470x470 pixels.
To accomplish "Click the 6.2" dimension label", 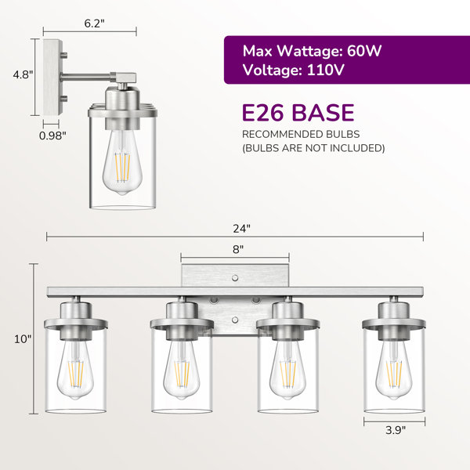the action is pos(95,23).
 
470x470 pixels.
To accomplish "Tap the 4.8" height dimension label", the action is pos(23,74).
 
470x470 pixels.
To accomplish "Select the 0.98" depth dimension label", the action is pos(52,136).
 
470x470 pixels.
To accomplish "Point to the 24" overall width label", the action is pos(241,229).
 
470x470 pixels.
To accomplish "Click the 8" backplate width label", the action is pos(238,249).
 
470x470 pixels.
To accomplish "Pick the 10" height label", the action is pos(23,339).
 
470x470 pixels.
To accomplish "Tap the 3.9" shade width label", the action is pos(396,430).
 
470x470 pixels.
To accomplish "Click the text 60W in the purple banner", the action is pos(364,51).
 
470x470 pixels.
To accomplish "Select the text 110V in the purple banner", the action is pos(326,70).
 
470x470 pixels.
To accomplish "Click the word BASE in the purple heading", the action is pos(323,113).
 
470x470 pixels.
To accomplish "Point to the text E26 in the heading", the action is pos(263,113).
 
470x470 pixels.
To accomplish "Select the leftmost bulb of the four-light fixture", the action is pos(75,370).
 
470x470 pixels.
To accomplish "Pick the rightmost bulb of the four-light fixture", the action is pos(394,370).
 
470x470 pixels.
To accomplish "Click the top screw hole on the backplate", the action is pos(235,278).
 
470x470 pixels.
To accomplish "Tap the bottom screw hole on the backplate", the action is pos(235,320).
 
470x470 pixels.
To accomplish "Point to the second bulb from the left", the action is pos(182,370).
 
